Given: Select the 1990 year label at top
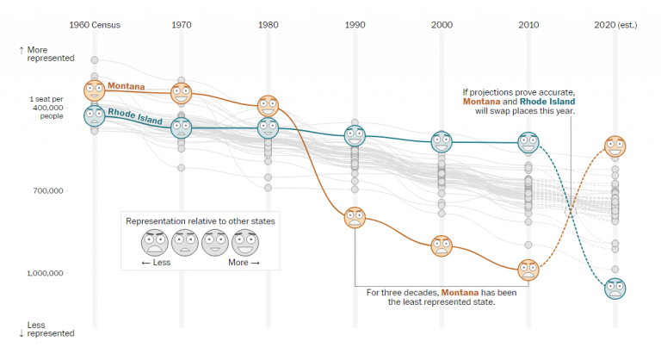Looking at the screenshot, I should click(355, 25).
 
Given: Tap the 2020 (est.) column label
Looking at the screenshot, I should click(615, 25).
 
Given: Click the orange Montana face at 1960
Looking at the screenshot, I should click(94, 90).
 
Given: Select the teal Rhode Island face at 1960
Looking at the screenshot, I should click(94, 115).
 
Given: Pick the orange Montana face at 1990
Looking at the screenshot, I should click(355, 217).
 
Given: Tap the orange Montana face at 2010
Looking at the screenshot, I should click(528, 270).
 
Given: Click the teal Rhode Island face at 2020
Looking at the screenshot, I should click(615, 288).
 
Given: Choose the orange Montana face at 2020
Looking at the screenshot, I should click(615, 146).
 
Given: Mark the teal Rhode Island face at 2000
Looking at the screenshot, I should click(442, 140).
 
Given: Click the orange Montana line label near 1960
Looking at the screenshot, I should click(127, 87).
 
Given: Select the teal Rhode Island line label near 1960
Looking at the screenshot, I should click(135, 115).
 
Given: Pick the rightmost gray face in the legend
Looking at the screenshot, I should click(244, 243).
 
